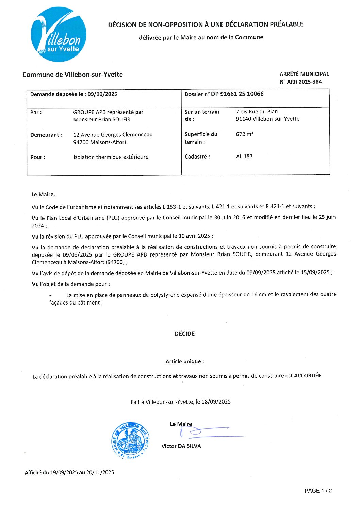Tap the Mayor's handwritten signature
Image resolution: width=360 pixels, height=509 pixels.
[x=208, y=432]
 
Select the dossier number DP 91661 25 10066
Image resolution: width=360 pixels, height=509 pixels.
[x=237, y=94]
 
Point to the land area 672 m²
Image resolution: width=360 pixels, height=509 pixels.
[x=245, y=134]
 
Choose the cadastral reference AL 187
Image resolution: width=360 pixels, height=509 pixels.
[x=244, y=157]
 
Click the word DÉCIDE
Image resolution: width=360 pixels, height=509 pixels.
[x=184, y=334]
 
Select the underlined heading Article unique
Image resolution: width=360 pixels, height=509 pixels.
[x=184, y=361]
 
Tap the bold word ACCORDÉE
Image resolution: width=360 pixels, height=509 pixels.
[x=308, y=376]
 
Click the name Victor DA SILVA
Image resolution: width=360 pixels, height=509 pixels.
[x=181, y=446]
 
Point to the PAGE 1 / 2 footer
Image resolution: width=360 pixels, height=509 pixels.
[x=318, y=491]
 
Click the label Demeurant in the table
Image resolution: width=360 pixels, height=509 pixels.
[x=46, y=135]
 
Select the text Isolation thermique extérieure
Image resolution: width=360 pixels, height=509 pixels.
[x=111, y=157]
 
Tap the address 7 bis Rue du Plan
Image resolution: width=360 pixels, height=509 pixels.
[x=257, y=112]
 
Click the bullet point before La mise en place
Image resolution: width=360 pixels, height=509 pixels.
[x=51, y=295]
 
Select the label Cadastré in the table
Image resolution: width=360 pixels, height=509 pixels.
[x=197, y=157]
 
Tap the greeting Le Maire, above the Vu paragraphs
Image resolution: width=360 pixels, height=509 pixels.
[x=43, y=194]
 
